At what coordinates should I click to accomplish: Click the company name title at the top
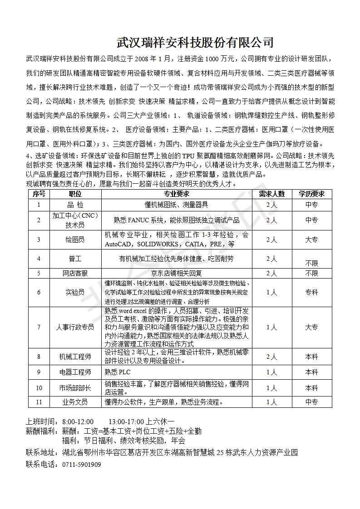point(195,43)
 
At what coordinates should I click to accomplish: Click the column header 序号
point(39,194)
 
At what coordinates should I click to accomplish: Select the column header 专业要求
point(177,194)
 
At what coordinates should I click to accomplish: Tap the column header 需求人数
point(271,194)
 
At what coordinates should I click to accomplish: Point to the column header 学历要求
point(311,194)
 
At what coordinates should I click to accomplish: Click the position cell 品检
point(75,205)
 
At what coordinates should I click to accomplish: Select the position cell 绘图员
point(75,240)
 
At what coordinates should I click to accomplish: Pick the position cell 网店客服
point(75,273)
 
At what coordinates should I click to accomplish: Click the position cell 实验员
point(75,293)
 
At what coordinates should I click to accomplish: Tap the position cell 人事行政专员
point(75,327)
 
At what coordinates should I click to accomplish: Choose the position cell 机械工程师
point(75,357)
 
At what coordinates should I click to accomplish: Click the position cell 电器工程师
point(75,372)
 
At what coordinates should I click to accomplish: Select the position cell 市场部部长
point(75,388)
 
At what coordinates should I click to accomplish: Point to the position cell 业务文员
point(75,402)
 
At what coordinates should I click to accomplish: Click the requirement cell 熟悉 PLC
point(118,372)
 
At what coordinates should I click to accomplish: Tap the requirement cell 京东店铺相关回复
point(177,273)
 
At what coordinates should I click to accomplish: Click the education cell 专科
point(311,293)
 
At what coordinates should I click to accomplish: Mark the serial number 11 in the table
point(39,402)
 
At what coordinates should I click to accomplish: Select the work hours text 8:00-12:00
point(78,421)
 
